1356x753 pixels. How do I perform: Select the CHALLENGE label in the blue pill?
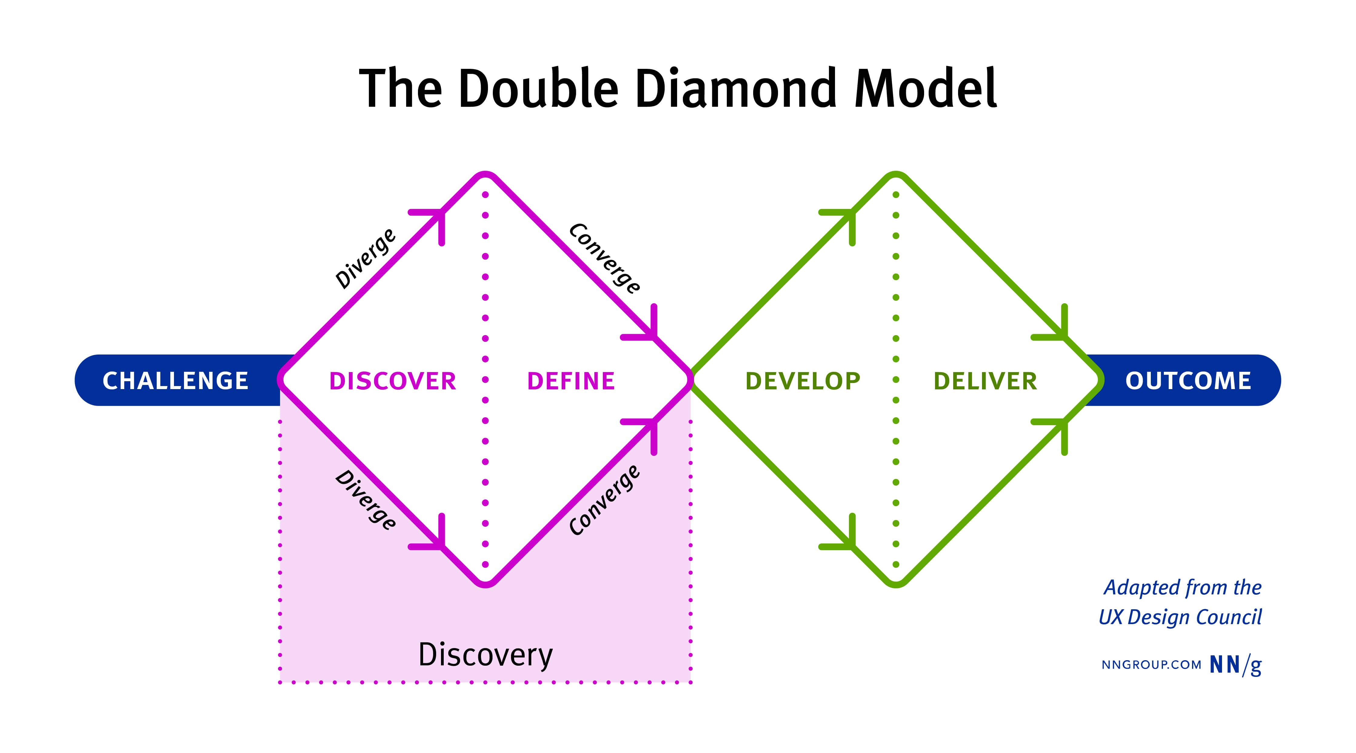point(175,381)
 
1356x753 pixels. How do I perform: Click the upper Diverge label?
point(365,259)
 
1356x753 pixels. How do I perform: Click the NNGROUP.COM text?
point(1151,664)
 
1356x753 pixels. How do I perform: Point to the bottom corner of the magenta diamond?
point(485,583)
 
